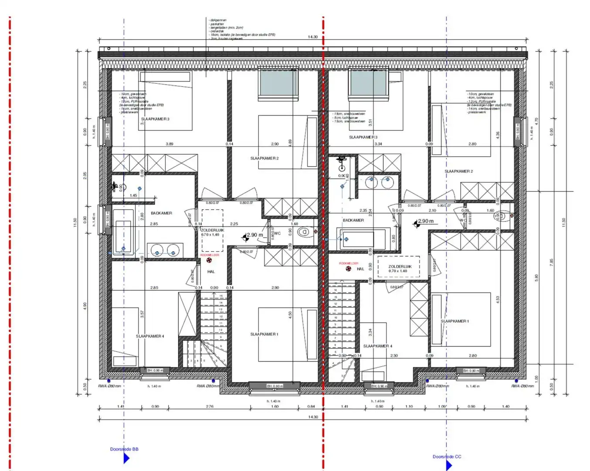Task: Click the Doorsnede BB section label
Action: point(124,449)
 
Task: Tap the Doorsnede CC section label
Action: point(447,457)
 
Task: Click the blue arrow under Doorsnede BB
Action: point(126,458)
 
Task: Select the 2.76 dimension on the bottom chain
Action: point(209,406)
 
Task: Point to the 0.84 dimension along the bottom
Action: point(311,406)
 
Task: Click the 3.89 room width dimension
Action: point(169,144)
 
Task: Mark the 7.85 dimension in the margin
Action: point(551,262)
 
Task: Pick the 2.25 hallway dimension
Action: point(234,224)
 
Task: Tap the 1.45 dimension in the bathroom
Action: point(133,195)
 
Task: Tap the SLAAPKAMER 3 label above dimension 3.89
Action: point(155,119)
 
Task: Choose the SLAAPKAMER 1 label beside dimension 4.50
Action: point(264,334)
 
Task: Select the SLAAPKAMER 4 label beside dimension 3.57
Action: point(150,336)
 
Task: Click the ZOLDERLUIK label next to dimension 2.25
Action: point(213,230)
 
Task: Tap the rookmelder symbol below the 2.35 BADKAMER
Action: point(349,269)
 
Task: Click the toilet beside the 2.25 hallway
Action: point(305,232)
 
